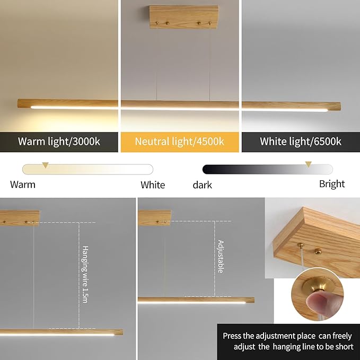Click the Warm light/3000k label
point(59,142)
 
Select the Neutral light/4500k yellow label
point(179,142)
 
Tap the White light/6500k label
point(300,142)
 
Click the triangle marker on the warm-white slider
point(46,165)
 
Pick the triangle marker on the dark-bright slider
point(308,165)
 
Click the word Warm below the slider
point(23,185)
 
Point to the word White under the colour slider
point(153,185)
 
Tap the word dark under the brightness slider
point(202,185)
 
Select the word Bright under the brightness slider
point(332,184)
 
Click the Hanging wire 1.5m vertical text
point(85,274)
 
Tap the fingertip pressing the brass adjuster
point(317,306)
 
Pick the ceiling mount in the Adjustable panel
point(154,217)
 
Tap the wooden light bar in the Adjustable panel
point(196,300)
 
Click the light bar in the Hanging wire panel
point(61,332)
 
